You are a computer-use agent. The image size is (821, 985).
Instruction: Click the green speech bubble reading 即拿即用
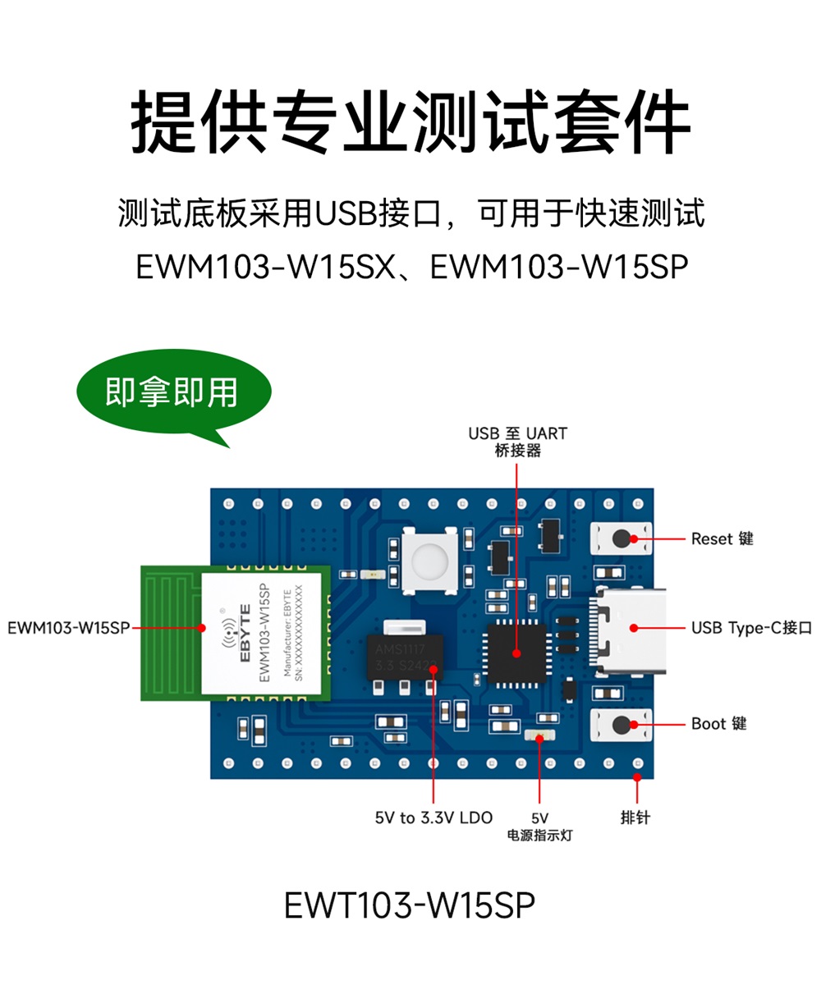[172, 394]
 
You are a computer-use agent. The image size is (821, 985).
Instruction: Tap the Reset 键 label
[722, 539]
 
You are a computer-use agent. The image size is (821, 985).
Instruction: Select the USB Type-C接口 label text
[751, 628]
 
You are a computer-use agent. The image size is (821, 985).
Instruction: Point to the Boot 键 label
[718, 724]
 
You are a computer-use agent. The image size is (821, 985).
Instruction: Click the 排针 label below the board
[635, 818]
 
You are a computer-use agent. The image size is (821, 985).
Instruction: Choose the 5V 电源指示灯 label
[539, 827]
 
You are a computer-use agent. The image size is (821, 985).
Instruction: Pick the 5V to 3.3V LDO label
[433, 818]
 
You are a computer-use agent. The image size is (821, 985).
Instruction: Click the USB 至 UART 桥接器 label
[517, 442]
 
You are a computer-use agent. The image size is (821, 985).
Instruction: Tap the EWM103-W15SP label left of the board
[68, 628]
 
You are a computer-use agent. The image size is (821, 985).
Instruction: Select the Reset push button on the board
[621, 539]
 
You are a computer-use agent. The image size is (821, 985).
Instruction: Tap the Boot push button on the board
[621, 724]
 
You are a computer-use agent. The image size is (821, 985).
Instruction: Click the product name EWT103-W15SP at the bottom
[410, 905]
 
